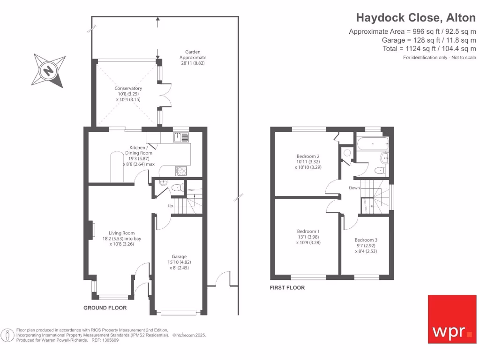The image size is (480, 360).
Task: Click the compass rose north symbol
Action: click(48, 71)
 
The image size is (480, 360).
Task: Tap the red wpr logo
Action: click(452, 319)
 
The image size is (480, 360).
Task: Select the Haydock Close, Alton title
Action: click(416, 18)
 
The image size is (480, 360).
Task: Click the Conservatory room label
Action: click(128, 94)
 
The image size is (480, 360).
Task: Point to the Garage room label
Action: click(179, 262)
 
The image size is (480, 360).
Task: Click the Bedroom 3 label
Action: click(366, 246)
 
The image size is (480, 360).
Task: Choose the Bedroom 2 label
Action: click(308, 162)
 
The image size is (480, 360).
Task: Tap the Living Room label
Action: click(122, 239)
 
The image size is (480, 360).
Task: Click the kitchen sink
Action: click(181, 137)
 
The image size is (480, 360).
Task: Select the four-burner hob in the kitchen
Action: click(181, 171)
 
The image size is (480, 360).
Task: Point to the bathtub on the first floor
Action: click(373, 143)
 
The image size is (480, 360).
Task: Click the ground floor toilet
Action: click(177, 187)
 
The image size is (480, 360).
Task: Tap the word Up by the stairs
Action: click(170, 206)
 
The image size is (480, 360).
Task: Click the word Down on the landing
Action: click(354, 187)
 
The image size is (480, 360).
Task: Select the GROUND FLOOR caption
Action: click(105, 308)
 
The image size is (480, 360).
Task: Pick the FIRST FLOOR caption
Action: click(287, 288)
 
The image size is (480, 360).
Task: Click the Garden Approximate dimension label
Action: click(193, 58)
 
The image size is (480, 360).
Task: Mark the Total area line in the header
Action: click(429, 49)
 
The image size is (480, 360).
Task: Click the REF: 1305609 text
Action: click(105, 340)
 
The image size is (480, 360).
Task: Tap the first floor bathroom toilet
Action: click(380, 170)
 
